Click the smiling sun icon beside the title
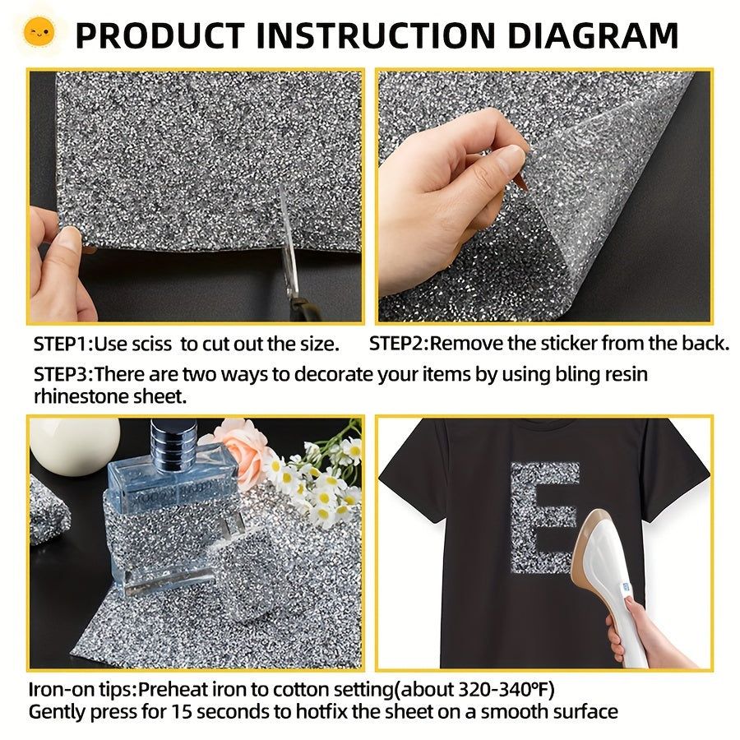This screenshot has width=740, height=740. pyautogui.click(x=39, y=33)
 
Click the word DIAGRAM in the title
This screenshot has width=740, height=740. pyautogui.click(x=593, y=35)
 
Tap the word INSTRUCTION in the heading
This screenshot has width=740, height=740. pyautogui.click(x=376, y=35)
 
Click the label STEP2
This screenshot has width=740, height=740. pyautogui.click(x=397, y=344)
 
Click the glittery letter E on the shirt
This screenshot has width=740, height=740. pyautogui.click(x=544, y=517)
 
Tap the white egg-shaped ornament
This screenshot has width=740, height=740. pyautogui.click(x=75, y=446)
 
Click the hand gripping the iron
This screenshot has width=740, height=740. pyautogui.click(x=646, y=635)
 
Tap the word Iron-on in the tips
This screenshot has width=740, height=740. pyautogui.click(x=59, y=690)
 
